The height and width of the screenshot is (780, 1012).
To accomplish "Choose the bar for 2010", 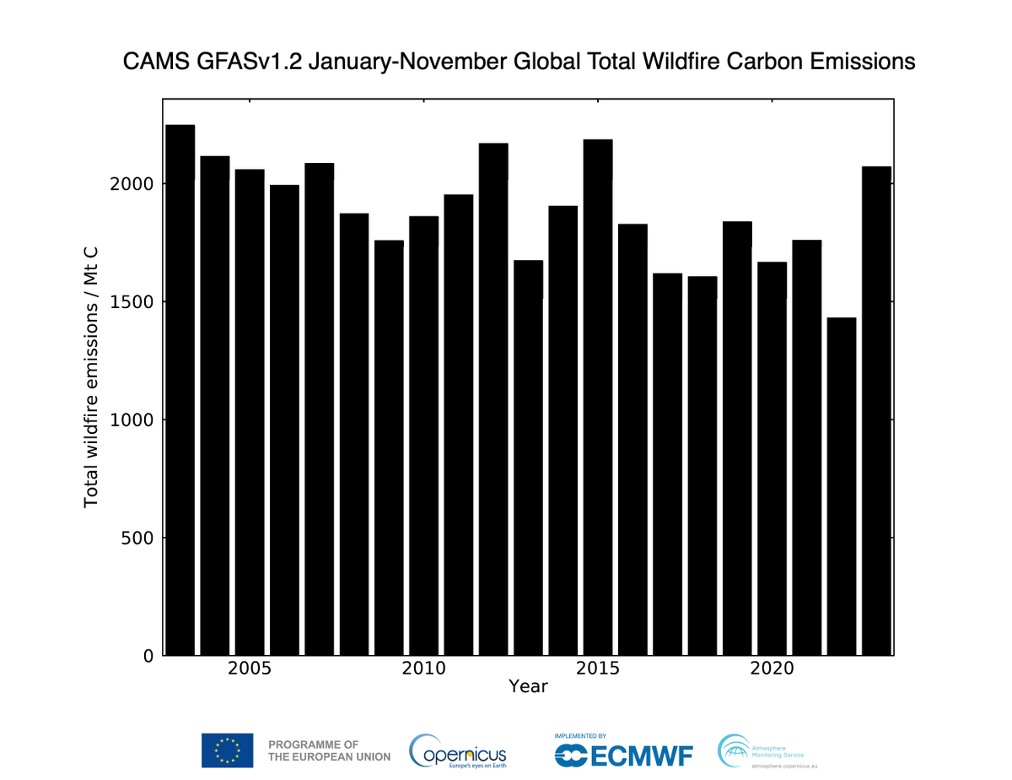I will point(423,436).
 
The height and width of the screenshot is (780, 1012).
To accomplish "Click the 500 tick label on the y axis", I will point(140,538).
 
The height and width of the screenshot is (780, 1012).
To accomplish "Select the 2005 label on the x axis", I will point(250,669).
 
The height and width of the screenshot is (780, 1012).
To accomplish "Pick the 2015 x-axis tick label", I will point(598,669).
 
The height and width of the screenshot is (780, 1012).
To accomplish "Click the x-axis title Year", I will point(528,687).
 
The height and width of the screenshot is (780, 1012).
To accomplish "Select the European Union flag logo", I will point(227,750).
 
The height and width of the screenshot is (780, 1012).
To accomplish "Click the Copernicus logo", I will point(458,750).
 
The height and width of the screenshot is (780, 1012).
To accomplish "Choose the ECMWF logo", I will point(624,751).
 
